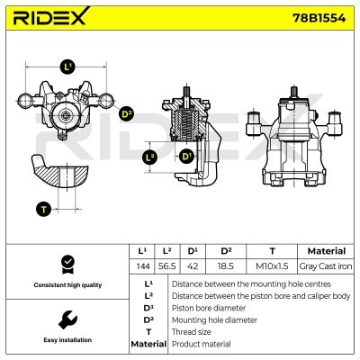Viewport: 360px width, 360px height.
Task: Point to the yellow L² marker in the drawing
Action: point(150,157)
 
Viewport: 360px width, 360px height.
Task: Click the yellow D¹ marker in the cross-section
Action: point(186,157)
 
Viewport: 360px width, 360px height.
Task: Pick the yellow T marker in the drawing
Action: point(42,209)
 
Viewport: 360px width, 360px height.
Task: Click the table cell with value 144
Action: point(141,267)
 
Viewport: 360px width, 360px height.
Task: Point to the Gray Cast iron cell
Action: point(328,267)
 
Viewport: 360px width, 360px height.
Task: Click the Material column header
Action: point(328,251)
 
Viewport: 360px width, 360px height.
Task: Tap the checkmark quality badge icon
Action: point(65,263)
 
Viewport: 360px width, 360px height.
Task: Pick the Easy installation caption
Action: point(65,340)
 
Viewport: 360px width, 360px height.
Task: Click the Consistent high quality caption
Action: point(65,285)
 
